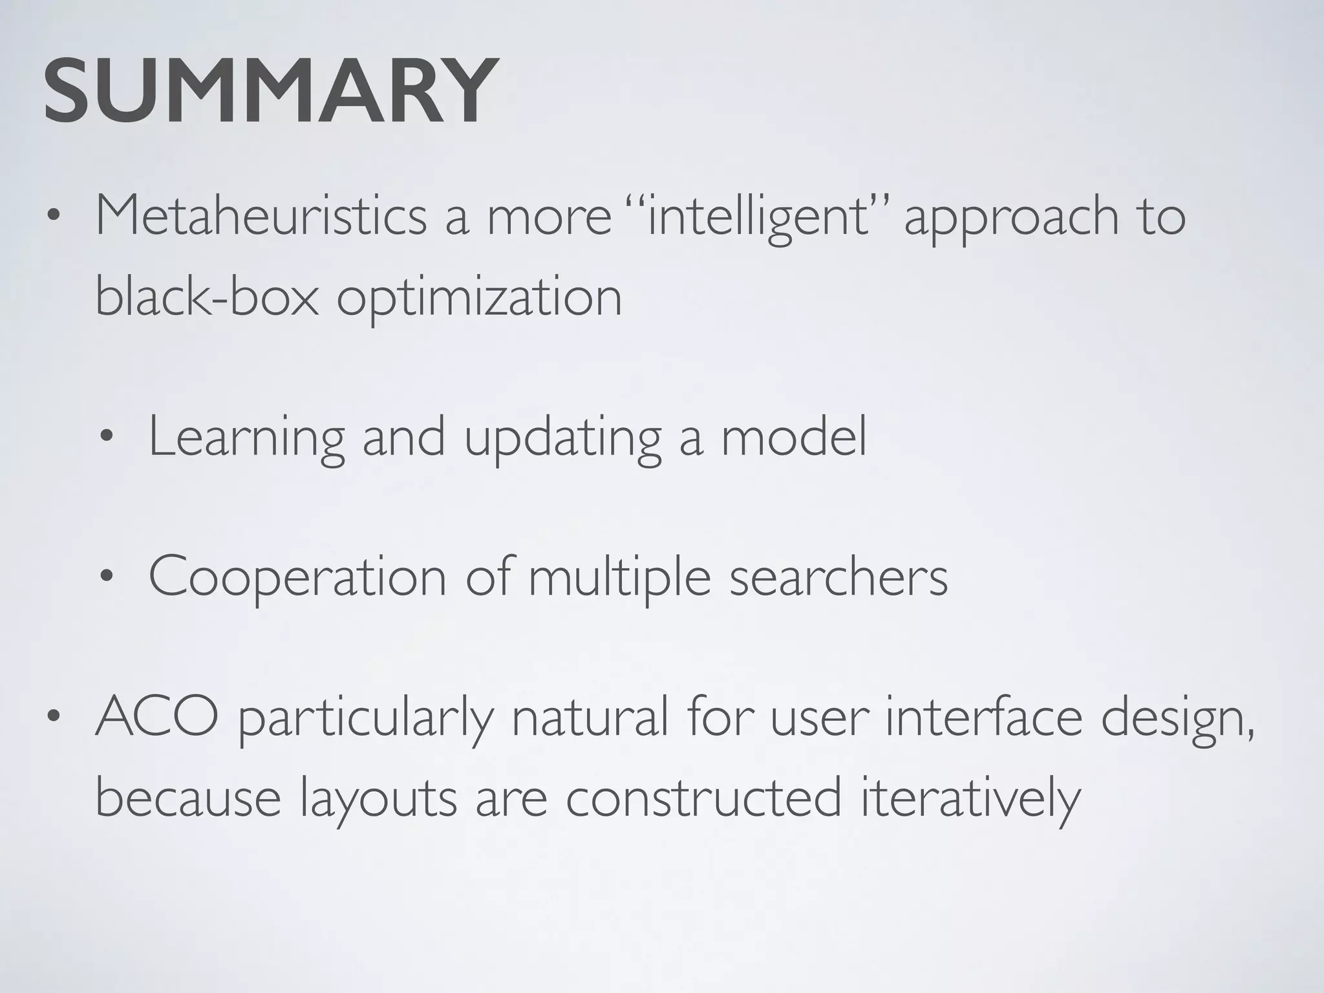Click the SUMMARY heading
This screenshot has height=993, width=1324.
[272, 92]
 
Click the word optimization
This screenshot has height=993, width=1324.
[479, 299]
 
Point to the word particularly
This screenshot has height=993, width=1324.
[365, 719]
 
